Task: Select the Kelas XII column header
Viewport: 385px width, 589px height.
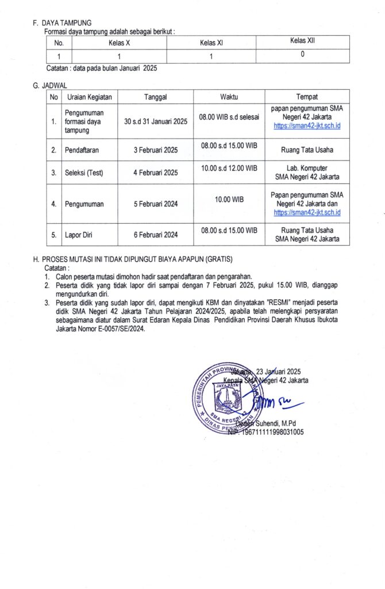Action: pyautogui.click(x=302, y=41)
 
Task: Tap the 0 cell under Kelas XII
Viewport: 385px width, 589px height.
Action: pyautogui.click(x=302, y=55)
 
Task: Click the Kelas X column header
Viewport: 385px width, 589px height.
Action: pyautogui.click(x=119, y=43)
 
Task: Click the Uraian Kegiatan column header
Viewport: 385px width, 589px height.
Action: pyautogui.click(x=89, y=97)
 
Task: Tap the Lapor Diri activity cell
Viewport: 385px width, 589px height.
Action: pyautogui.click(x=80, y=235)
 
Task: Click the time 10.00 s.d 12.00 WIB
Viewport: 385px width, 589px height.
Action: pyautogui.click(x=229, y=167)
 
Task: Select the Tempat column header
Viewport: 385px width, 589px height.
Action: pyautogui.click(x=307, y=97)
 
